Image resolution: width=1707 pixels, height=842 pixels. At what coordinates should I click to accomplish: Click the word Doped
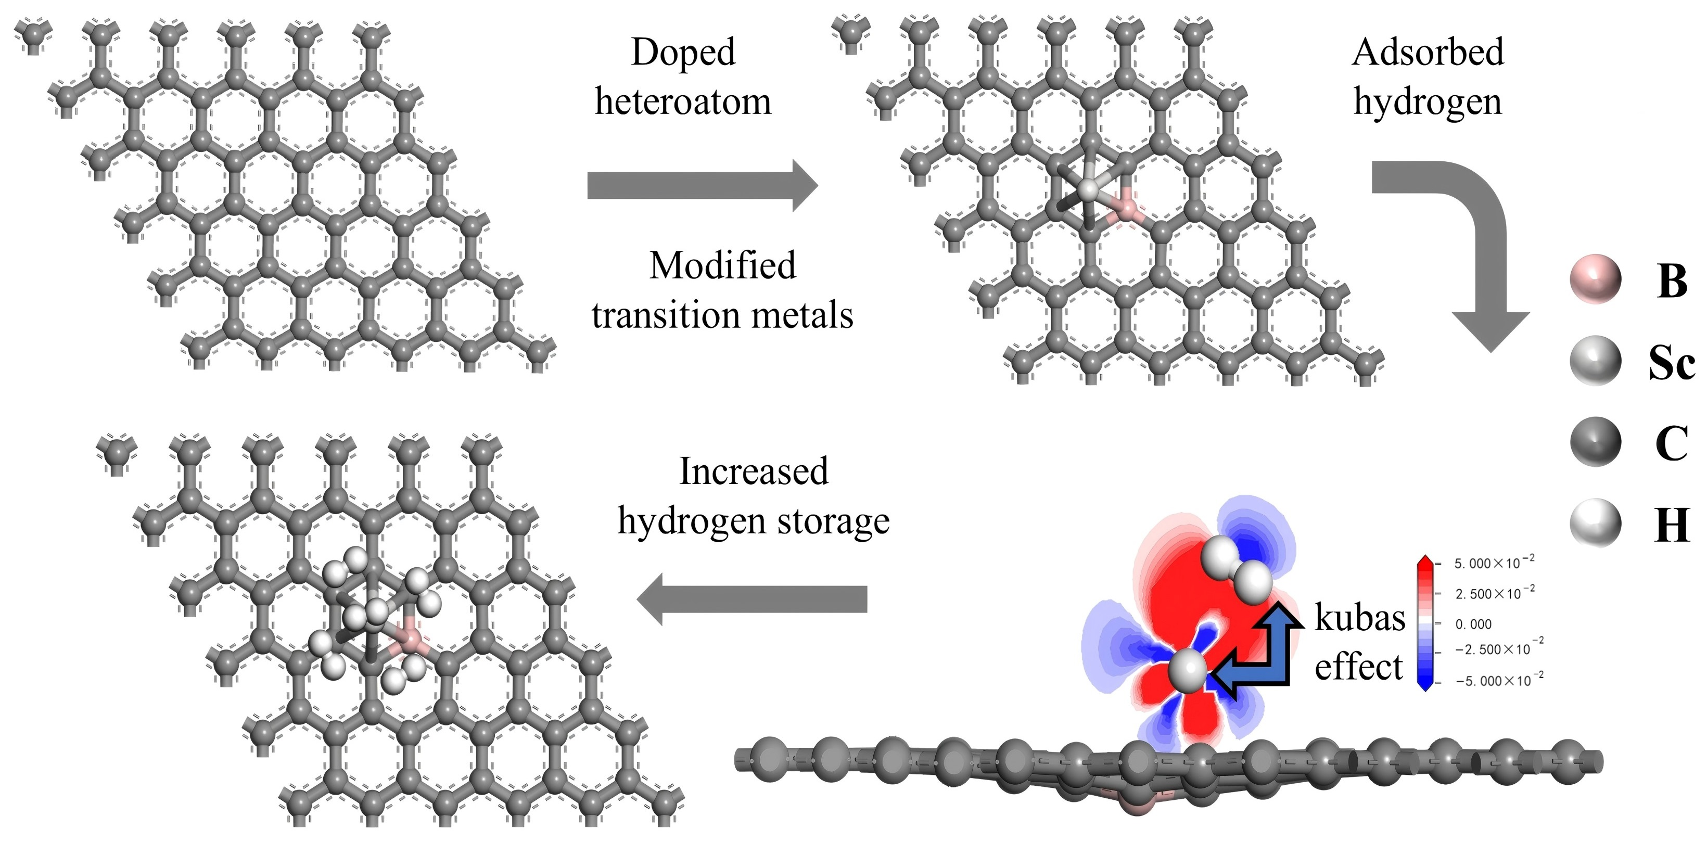[x=683, y=53]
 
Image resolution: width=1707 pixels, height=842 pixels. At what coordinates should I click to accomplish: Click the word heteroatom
[x=683, y=103]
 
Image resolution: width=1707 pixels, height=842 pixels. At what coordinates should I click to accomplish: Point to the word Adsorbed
[x=1428, y=53]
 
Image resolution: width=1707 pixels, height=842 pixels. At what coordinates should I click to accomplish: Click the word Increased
[x=754, y=471]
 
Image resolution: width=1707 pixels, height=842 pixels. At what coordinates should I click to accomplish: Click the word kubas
[x=1360, y=617]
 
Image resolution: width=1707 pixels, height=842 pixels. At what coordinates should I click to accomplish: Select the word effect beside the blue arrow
[x=1358, y=667]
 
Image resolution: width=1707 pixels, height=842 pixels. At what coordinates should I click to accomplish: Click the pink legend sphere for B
[x=1596, y=279]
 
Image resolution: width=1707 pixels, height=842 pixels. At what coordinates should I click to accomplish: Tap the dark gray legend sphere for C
[x=1596, y=442]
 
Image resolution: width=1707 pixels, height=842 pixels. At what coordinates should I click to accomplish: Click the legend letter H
[x=1671, y=525]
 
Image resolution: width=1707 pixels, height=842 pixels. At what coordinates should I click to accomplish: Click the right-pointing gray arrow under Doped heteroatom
[x=703, y=185]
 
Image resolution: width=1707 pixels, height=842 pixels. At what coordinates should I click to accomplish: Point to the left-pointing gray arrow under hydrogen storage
[x=752, y=599]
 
